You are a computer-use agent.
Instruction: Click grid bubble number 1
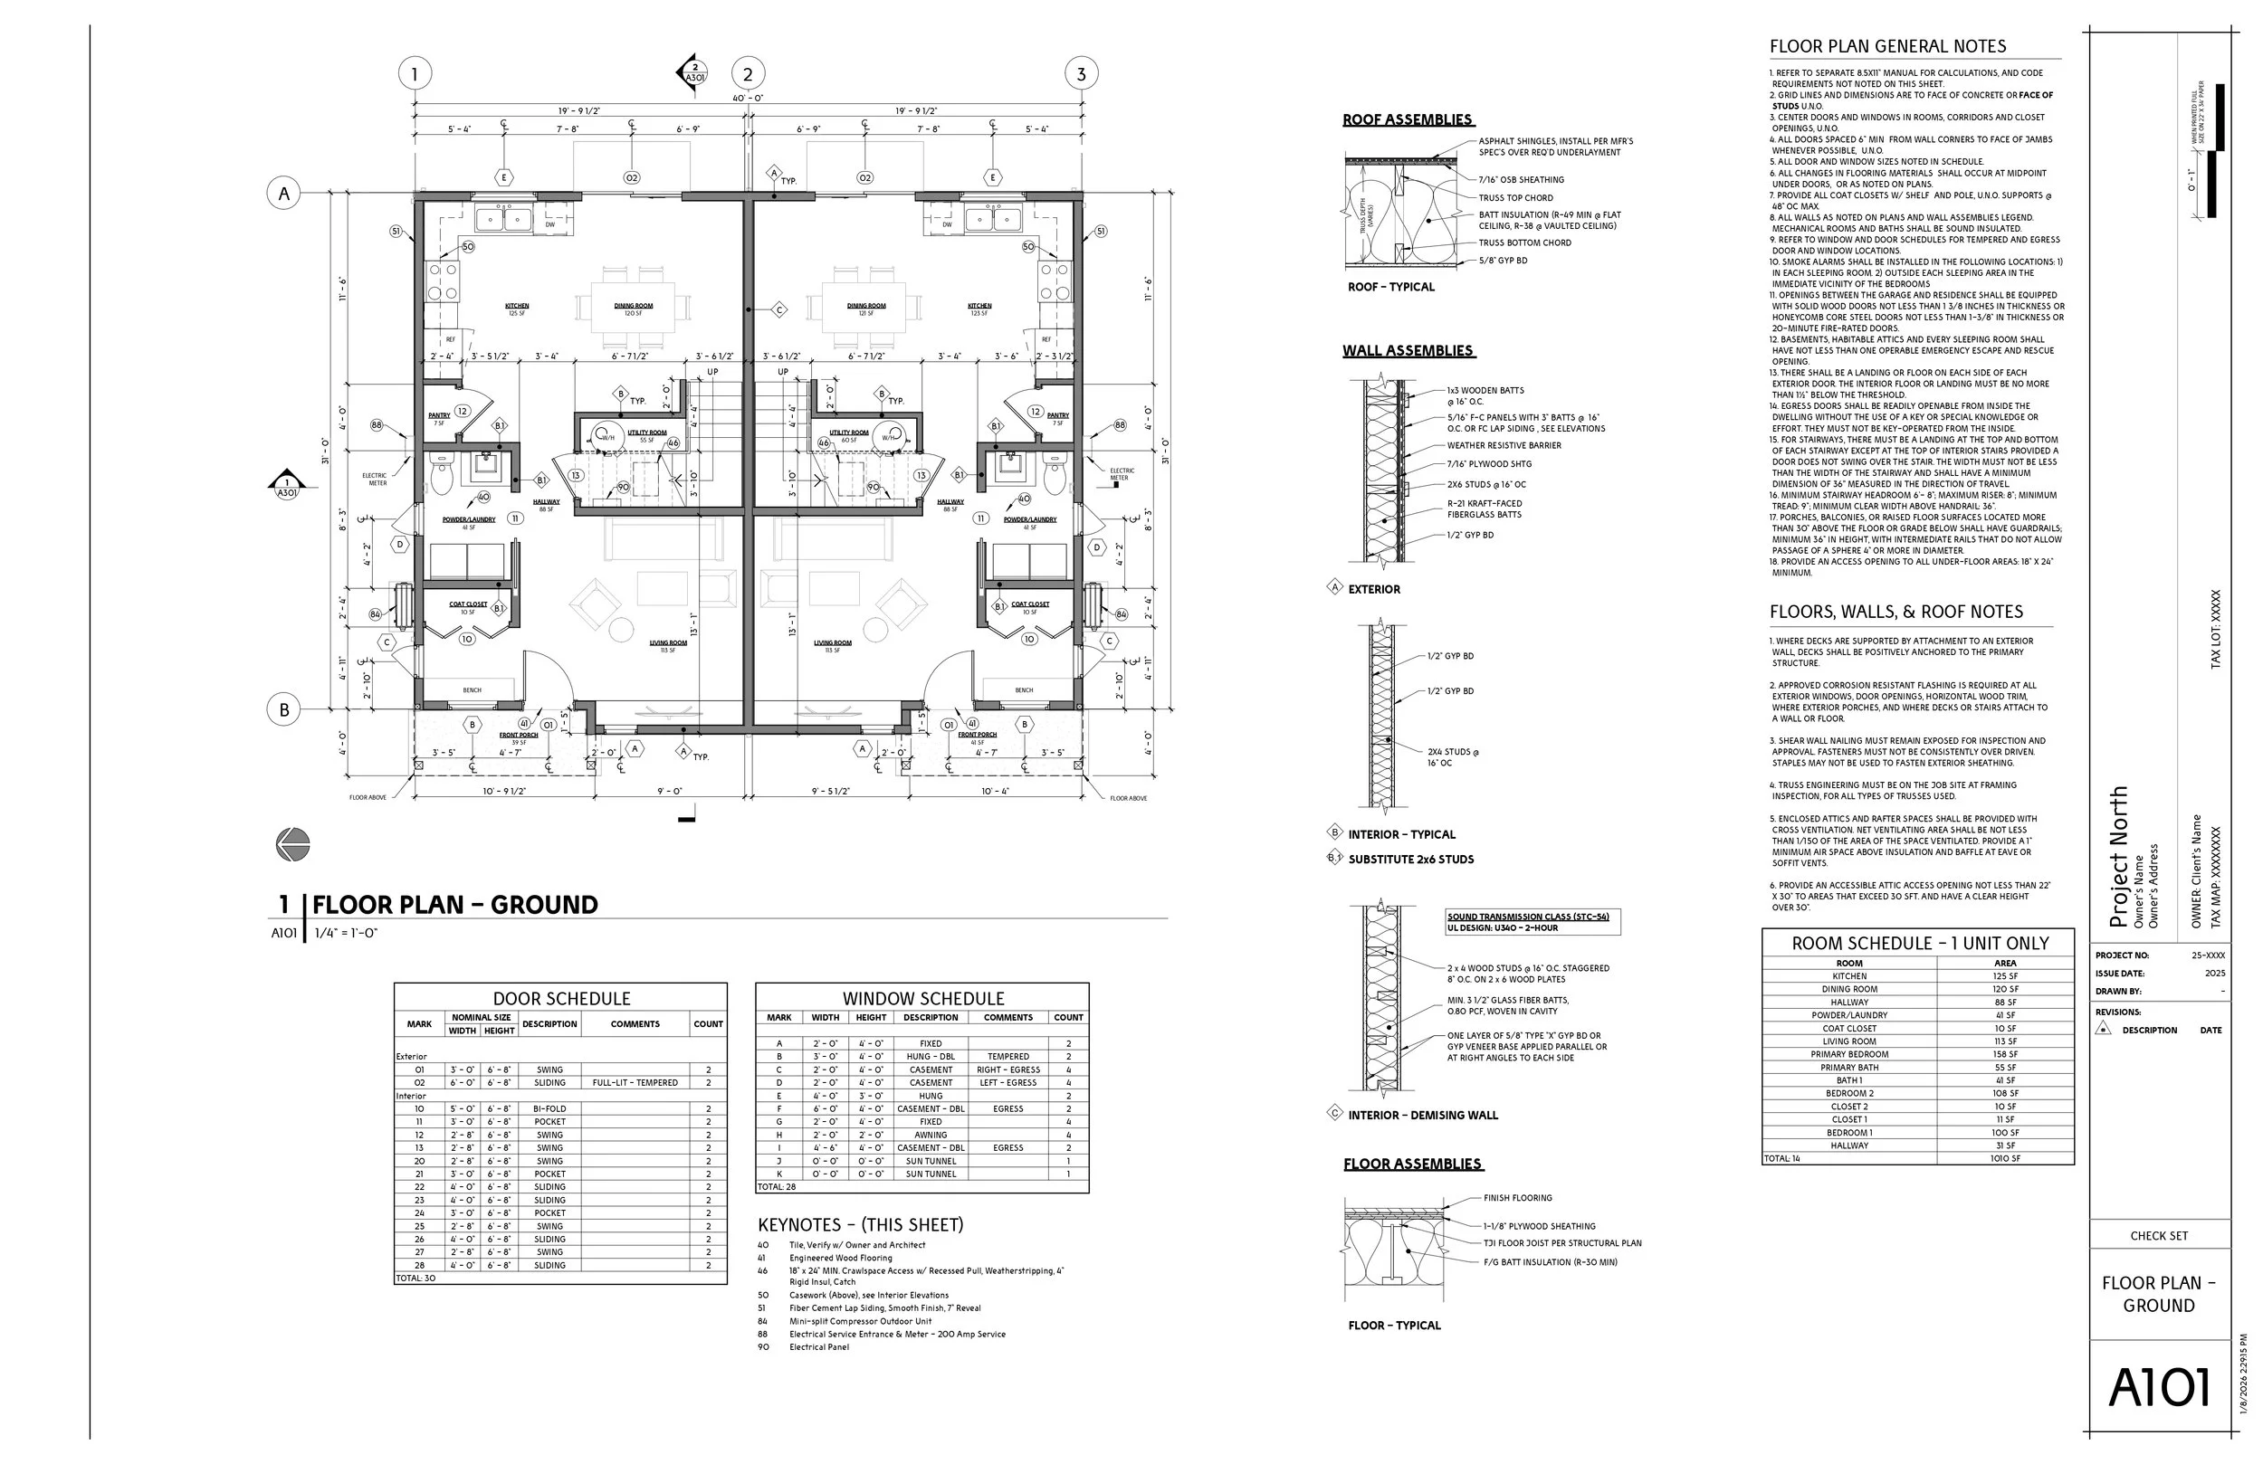point(414,73)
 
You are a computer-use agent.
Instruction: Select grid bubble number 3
point(1080,73)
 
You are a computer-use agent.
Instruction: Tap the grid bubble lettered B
point(283,709)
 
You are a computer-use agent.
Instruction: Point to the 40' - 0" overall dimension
point(748,98)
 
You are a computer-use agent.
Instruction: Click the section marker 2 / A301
point(693,73)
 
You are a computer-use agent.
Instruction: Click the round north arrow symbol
point(293,844)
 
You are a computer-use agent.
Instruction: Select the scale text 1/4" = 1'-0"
point(346,934)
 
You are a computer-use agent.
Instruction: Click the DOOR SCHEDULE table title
point(561,998)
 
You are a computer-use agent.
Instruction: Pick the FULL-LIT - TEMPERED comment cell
point(635,1083)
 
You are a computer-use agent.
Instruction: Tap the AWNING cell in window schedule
point(930,1135)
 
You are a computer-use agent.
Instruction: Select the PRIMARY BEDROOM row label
point(1848,1054)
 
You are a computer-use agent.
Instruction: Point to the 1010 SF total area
point(2004,1159)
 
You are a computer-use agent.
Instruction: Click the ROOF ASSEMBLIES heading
point(1408,119)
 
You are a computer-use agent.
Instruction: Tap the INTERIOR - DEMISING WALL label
point(1422,1115)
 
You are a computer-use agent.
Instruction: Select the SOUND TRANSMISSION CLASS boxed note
point(1533,922)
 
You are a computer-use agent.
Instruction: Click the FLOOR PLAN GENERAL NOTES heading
point(1886,46)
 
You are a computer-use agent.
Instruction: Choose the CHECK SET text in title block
point(2158,1236)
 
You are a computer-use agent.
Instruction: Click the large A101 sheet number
point(2158,1388)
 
